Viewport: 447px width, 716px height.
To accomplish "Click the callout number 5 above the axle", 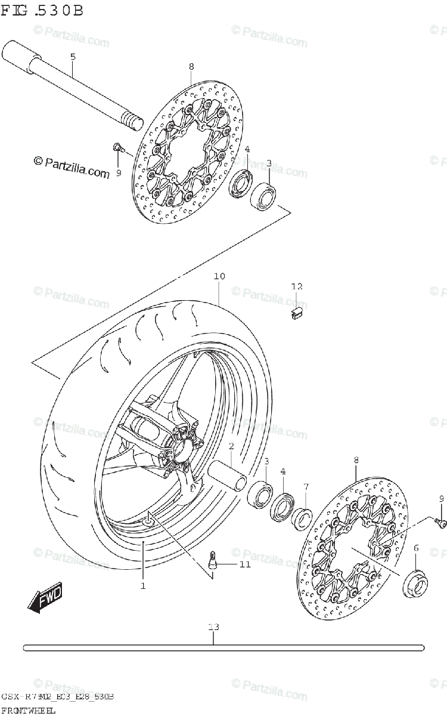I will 73,57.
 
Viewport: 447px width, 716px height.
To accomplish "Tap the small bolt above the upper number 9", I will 117,146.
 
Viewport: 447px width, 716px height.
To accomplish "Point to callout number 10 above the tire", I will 219,277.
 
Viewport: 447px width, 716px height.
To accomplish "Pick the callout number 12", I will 297,288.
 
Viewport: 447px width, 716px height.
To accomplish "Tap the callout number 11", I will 246,564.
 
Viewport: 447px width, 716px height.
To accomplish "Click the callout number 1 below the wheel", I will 143,587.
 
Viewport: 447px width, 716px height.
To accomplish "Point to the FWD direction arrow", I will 45,598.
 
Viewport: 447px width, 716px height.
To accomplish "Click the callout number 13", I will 214,626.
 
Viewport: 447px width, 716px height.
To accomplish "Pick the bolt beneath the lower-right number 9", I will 442,523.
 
